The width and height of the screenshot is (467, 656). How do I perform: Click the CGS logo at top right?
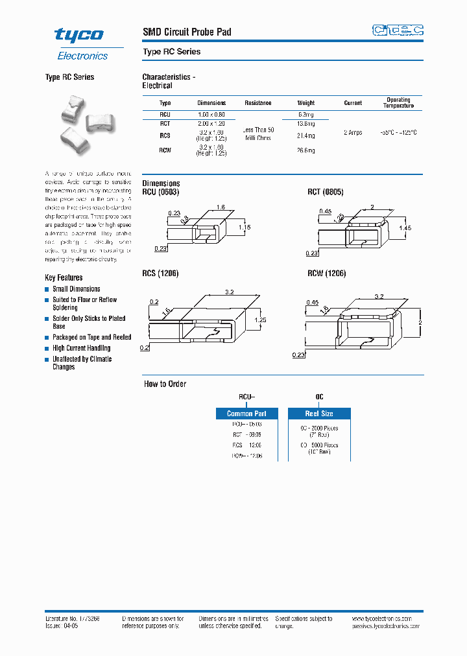click(398, 30)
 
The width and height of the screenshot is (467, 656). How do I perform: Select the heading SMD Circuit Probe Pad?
click(187, 32)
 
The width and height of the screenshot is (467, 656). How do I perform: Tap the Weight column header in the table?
click(306, 103)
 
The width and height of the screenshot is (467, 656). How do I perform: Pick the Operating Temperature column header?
click(398, 103)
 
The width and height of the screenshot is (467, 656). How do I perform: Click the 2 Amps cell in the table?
click(353, 132)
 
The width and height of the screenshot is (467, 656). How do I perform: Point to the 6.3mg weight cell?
click(306, 113)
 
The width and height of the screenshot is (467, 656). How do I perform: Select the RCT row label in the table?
click(165, 123)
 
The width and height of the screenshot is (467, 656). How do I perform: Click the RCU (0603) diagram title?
click(160, 193)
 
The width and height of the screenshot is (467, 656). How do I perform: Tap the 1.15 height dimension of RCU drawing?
click(244, 228)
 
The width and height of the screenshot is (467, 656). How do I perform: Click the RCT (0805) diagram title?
click(326, 193)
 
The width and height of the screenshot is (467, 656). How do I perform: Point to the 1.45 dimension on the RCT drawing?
click(406, 228)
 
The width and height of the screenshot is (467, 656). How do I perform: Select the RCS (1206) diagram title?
click(160, 274)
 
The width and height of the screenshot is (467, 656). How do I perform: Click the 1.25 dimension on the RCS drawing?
click(261, 320)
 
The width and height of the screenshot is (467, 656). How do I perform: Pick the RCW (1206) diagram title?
click(327, 274)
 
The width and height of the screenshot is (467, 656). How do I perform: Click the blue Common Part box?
click(246, 414)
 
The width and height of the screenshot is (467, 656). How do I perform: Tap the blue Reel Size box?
click(319, 414)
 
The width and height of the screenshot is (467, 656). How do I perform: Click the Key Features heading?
click(64, 277)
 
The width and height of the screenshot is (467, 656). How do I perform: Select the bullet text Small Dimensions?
click(77, 289)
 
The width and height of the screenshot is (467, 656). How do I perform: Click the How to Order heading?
click(165, 384)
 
